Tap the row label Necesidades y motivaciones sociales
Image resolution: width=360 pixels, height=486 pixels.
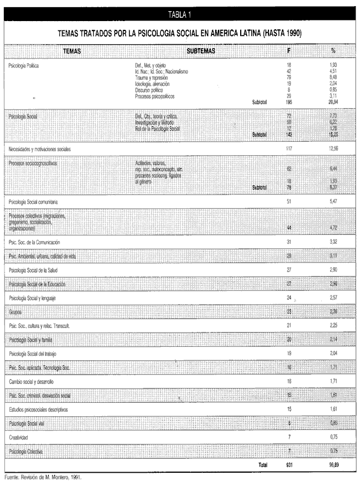pos(47,150)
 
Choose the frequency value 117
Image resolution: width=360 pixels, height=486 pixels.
pos(289,150)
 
